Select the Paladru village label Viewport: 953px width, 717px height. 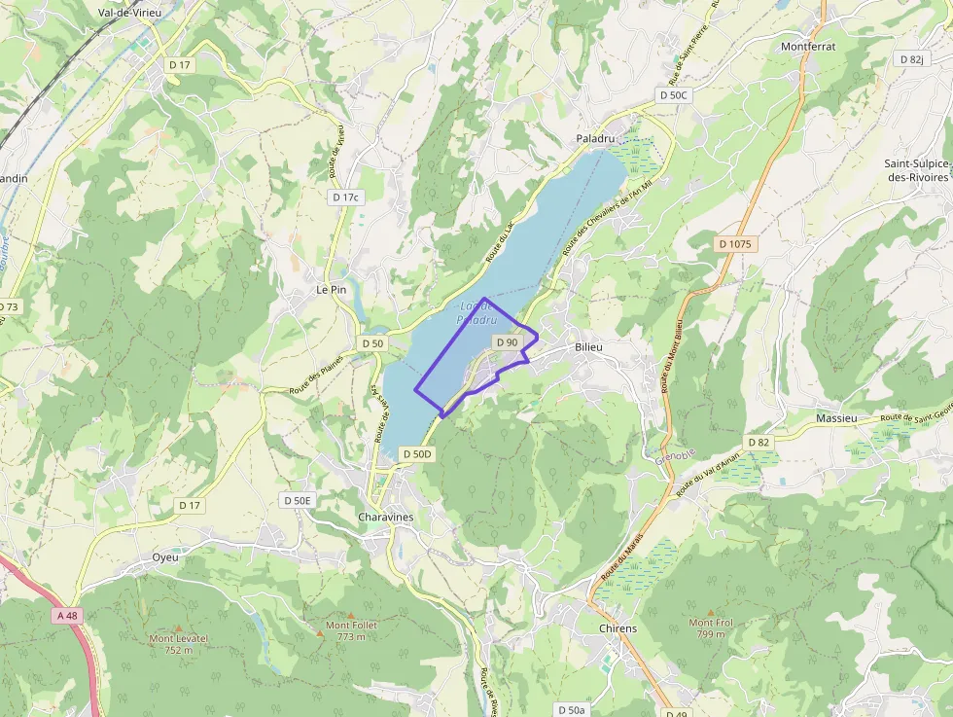(596, 139)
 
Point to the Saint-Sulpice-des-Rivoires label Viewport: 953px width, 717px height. (915, 170)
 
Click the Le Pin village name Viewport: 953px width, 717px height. (331, 289)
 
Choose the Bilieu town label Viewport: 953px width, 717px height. (588, 346)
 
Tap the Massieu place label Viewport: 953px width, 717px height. (836, 417)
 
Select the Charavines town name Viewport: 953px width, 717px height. (385, 517)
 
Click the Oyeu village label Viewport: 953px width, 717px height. (165, 557)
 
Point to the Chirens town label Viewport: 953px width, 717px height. (618, 627)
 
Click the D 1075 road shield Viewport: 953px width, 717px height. (735, 244)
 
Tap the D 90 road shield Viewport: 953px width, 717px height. (507, 342)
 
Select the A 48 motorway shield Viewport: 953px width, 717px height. (67, 616)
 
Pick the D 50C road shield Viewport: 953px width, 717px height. (673, 95)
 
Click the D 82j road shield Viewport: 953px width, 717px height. (911, 59)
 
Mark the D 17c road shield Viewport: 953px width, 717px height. (345, 197)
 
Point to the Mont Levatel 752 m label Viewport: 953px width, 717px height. (178, 644)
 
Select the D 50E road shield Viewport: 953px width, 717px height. (298, 500)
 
